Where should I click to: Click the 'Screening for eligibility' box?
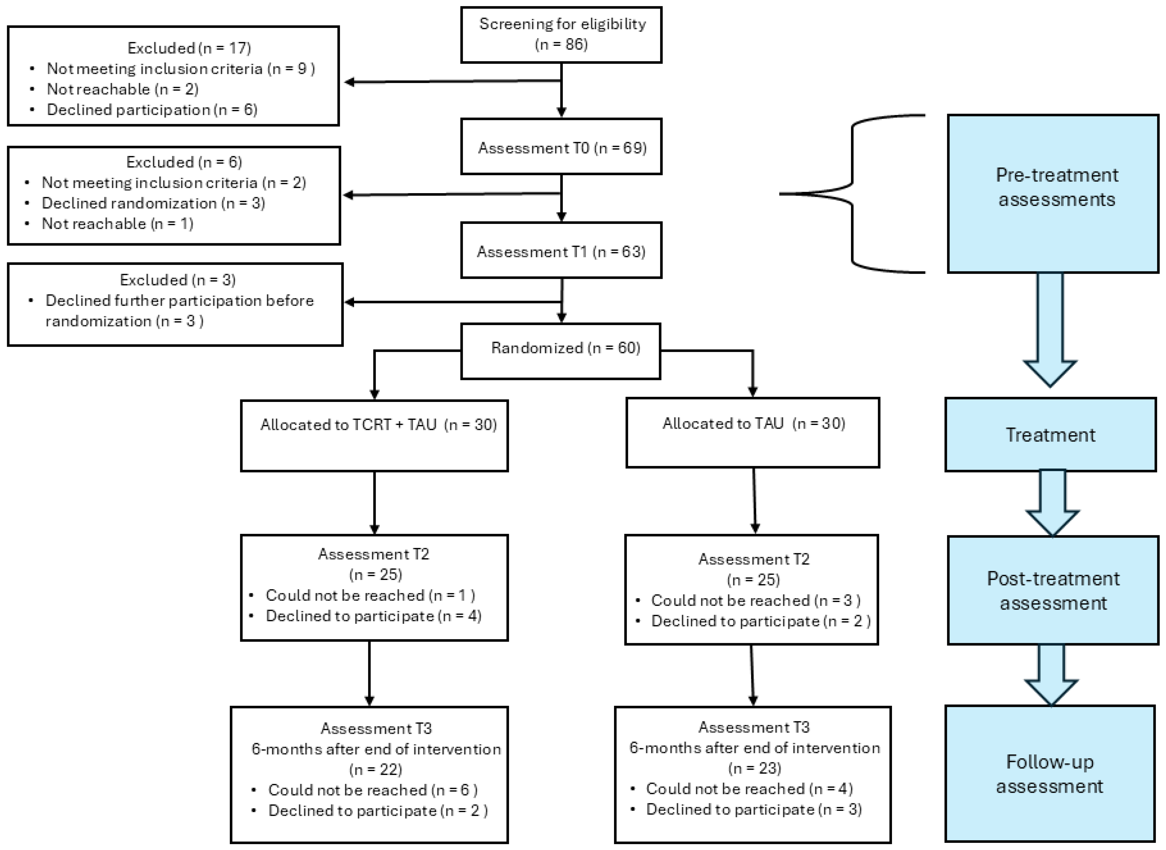(561, 34)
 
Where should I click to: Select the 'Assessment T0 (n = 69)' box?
(561, 148)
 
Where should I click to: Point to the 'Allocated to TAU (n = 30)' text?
(754, 424)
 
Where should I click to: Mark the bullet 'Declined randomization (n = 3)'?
(153, 203)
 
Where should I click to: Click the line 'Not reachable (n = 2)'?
(122, 89)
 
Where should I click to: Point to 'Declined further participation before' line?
(179, 301)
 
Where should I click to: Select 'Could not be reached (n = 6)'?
(372, 790)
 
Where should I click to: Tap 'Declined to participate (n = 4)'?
(373, 616)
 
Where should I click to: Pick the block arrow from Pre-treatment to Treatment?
(1050, 329)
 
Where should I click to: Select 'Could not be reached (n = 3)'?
(756, 600)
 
